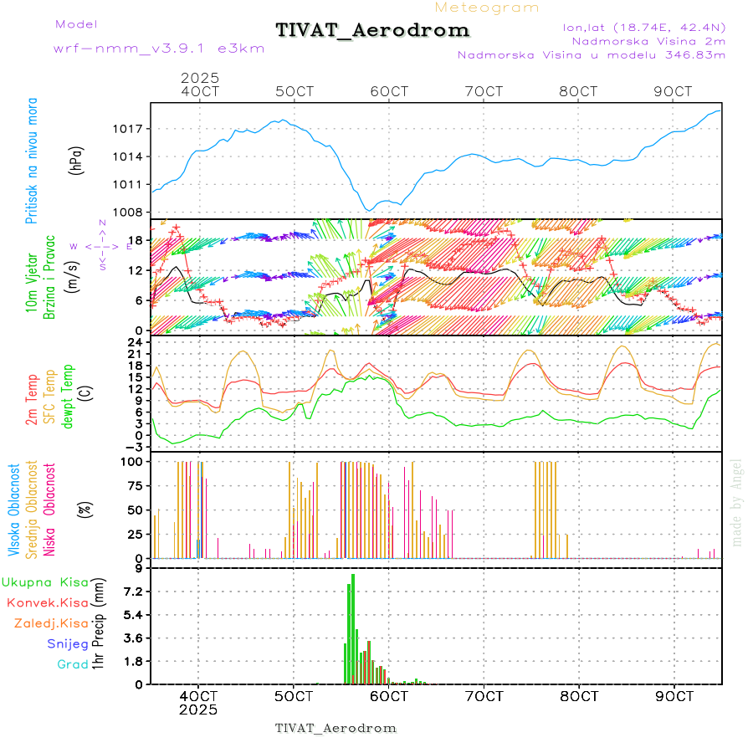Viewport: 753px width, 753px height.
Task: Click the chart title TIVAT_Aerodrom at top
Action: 372,30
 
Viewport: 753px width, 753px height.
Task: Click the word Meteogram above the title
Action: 487,8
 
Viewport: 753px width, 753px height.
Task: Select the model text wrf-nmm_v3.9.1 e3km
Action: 159,49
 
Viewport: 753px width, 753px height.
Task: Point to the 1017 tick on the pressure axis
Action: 130,129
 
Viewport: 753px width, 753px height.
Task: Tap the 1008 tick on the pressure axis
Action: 130,212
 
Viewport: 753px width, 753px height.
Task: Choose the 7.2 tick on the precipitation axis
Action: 131,592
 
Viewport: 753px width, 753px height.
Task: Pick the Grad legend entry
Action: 73,664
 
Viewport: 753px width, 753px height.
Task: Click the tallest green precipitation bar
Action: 353,628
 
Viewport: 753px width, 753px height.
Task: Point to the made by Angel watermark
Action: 737,502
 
